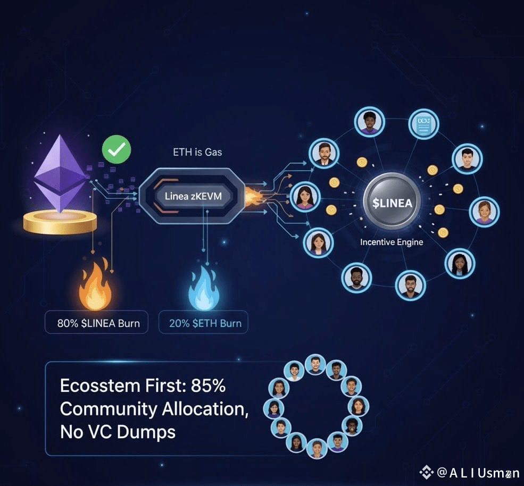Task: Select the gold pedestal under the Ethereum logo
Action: [60, 222]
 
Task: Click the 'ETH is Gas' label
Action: [197, 153]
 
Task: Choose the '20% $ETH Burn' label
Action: [204, 323]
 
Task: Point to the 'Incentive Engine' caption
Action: [392, 242]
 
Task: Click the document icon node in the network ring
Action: [423, 124]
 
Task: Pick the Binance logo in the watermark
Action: [426, 472]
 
